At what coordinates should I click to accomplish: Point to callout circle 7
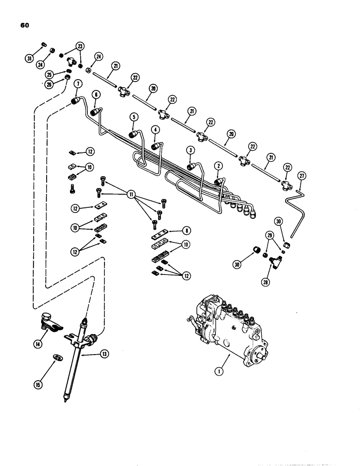click(x=77, y=83)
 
